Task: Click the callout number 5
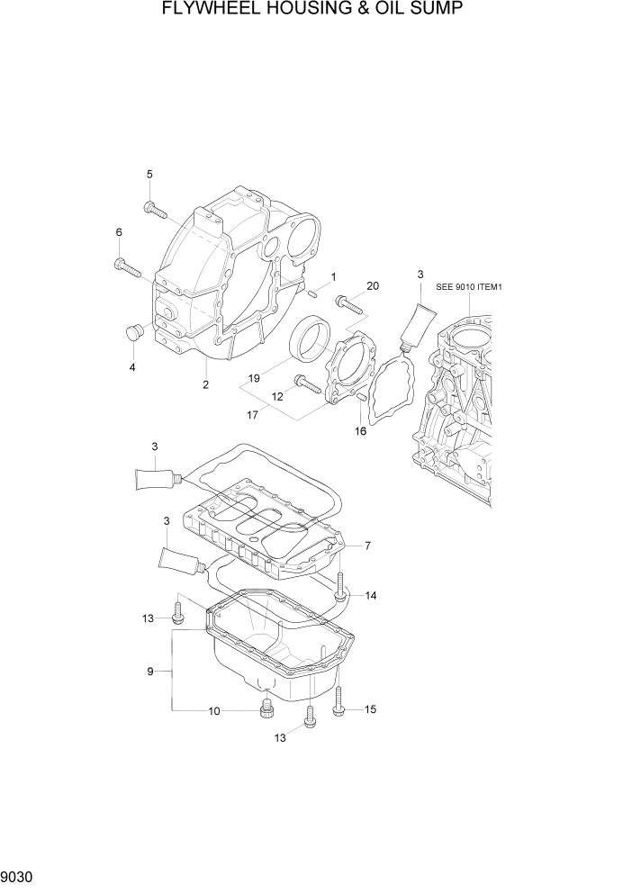[149, 174]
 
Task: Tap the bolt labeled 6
[127, 266]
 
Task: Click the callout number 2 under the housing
[205, 384]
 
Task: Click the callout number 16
[360, 431]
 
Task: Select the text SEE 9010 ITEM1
[467, 287]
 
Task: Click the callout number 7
[367, 546]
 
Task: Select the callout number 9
[151, 671]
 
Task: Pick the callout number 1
[333, 276]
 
